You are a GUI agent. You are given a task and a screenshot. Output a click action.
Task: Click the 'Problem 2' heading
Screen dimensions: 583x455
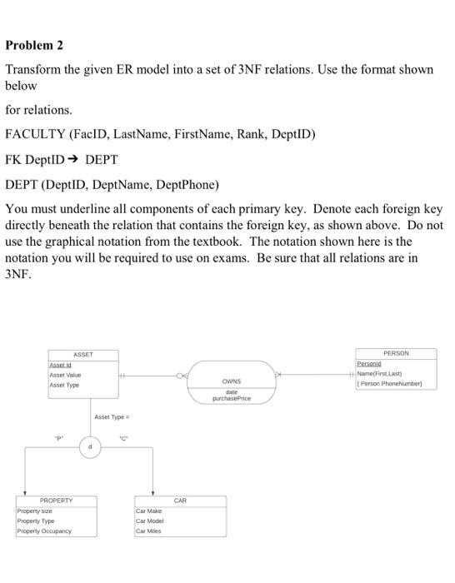pyautogui.click(x=34, y=44)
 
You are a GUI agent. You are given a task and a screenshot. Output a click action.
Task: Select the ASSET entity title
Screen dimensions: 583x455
pyautogui.click(x=82, y=354)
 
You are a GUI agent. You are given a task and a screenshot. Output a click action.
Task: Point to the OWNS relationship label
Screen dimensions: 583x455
pyautogui.click(x=231, y=381)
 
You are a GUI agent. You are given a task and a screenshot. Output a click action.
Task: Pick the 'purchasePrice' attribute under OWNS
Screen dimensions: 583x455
pyautogui.click(x=231, y=398)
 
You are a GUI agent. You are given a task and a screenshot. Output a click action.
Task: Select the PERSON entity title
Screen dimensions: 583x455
pyautogui.click(x=396, y=353)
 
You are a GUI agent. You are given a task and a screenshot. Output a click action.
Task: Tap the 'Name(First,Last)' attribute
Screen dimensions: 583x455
pyautogui.click(x=385, y=374)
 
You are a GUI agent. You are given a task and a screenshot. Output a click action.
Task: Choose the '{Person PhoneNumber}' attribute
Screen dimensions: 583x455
pyautogui.click(x=390, y=384)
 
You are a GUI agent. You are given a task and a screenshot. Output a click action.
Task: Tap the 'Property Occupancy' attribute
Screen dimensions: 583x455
pyautogui.click(x=45, y=531)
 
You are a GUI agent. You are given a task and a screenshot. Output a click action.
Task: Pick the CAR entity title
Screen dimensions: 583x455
pyautogui.click(x=181, y=501)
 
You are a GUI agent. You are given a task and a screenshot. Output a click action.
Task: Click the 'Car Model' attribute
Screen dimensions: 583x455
pyautogui.click(x=151, y=521)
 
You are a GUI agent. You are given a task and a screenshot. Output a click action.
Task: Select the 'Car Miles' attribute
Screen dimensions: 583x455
pyautogui.click(x=149, y=531)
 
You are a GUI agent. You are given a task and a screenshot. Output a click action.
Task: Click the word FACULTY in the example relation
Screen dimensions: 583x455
pyautogui.click(x=35, y=133)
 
